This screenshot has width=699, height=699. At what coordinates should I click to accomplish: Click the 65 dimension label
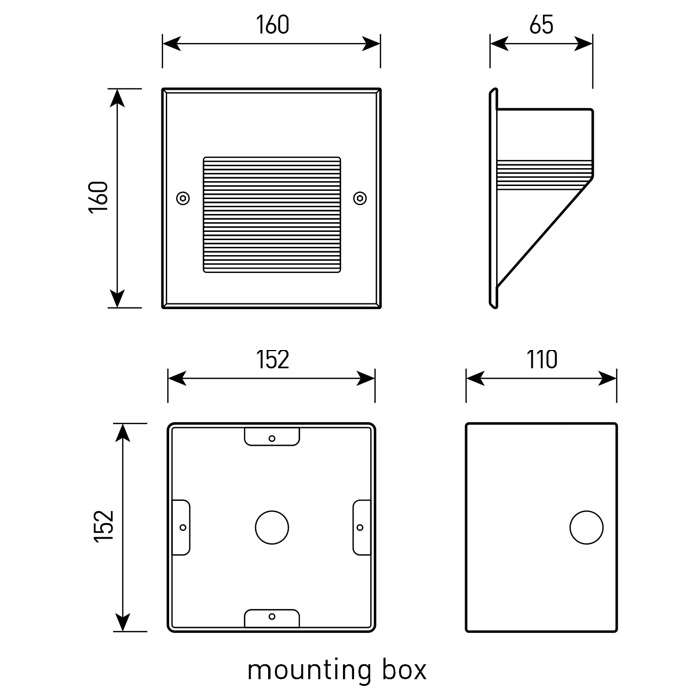pos(542,25)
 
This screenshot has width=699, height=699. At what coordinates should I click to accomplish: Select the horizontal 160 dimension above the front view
pos(272,25)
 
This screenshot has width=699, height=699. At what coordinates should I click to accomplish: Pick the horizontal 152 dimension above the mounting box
pos(272,359)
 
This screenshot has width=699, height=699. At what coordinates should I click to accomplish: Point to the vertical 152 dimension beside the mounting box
pos(104,527)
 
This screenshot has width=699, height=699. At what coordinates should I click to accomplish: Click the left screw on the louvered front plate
pos(182,198)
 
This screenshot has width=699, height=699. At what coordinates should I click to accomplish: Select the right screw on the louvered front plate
pos(360,198)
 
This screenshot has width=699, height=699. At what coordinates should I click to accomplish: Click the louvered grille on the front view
pos(272,213)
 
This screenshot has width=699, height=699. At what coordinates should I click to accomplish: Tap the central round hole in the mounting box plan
pos(271,527)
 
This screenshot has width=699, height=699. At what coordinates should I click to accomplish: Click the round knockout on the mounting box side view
pos(585,527)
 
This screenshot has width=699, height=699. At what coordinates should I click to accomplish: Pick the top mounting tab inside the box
pos(272,437)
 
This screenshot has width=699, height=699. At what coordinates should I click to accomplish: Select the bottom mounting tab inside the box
pos(272,617)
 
